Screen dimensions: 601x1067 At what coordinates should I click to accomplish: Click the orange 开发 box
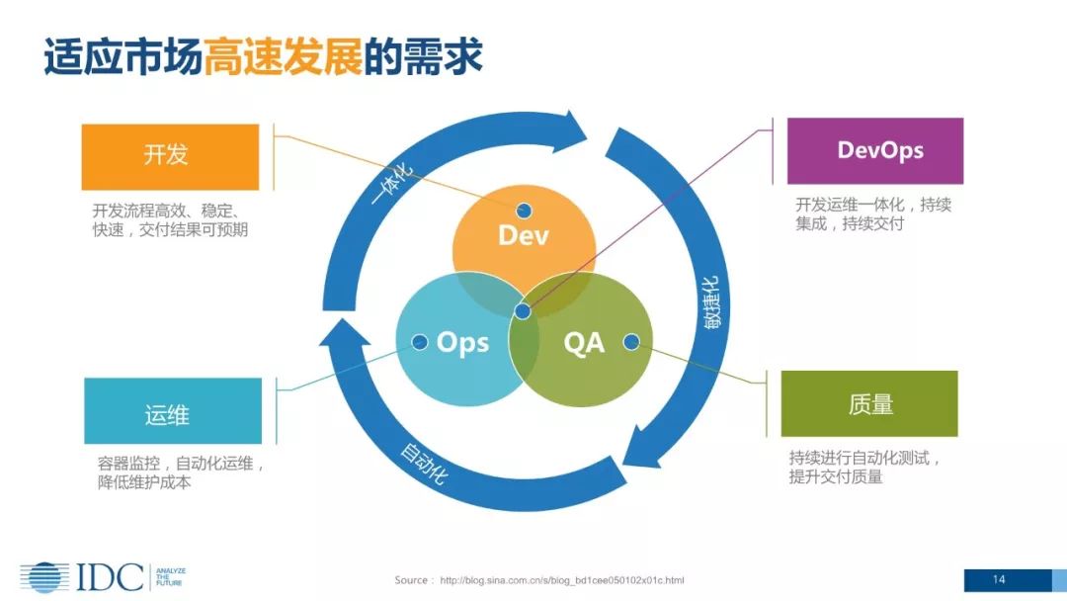[170, 156]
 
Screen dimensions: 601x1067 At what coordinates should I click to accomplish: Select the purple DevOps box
[874, 150]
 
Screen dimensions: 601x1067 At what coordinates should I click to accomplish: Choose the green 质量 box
[869, 403]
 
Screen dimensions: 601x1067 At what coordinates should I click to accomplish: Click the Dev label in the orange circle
[524, 235]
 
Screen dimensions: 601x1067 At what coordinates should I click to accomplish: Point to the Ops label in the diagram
[462, 343]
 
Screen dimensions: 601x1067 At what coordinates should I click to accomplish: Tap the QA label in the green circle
[583, 343]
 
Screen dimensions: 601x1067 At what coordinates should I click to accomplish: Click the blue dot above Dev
[524, 210]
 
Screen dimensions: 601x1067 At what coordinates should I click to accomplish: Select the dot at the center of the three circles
[524, 312]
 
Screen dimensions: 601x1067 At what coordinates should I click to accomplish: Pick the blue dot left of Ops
[420, 342]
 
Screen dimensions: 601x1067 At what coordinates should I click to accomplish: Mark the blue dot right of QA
[631, 342]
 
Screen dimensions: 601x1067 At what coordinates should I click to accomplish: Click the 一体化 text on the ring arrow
[393, 181]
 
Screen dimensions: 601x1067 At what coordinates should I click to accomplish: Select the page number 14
[999, 579]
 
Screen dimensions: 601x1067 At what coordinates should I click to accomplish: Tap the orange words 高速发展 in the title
[284, 58]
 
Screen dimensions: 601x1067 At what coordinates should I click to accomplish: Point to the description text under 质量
[864, 468]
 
